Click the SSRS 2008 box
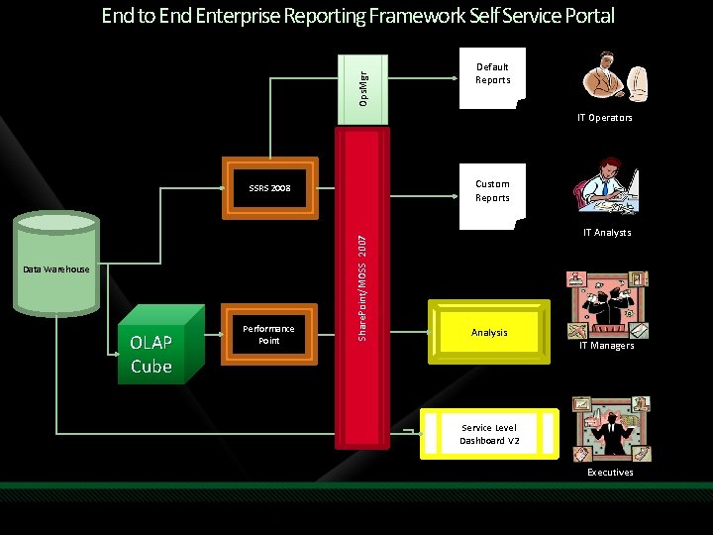point(270,187)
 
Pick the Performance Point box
point(269,335)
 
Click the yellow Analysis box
point(489,333)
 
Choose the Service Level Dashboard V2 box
point(488,434)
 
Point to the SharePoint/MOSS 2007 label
point(362,288)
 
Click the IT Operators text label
point(605,118)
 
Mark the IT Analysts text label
point(607,233)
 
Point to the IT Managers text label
point(607,346)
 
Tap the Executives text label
point(610,473)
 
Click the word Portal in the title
point(587,16)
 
